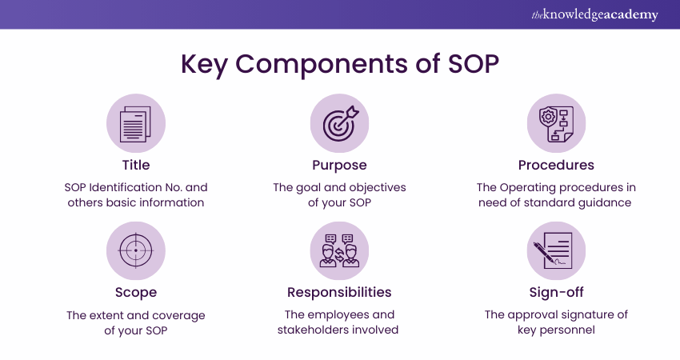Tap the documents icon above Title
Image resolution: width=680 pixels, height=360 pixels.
[x=136, y=123]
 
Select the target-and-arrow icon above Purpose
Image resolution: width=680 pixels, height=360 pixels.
[x=340, y=123]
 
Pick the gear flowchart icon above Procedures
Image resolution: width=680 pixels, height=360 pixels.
[x=556, y=123]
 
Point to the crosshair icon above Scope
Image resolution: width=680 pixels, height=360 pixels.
[x=136, y=250]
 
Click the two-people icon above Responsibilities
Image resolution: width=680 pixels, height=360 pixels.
[x=340, y=250]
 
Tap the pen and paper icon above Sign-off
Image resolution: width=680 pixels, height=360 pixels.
[x=556, y=250]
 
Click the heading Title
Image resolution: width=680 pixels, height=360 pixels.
[x=136, y=166]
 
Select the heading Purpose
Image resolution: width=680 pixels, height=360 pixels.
[x=340, y=166]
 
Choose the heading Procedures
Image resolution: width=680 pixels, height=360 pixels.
[x=556, y=166]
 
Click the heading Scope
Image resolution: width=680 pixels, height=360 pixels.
[x=136, y=293]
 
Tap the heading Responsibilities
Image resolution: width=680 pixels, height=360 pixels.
[x=340, y=293]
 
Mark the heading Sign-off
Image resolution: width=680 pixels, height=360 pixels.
[x=556, y=293]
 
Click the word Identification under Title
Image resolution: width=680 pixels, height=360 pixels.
[x=133, y=187]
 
